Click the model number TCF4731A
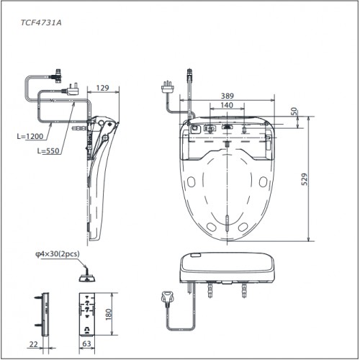coord(41,22)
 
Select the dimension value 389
coord(227,96)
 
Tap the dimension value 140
coord(227,105)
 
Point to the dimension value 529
coord(305,179)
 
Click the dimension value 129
coord(103,88)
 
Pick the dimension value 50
coord(295,112)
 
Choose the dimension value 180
coord(109,314)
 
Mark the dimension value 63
coord(86,343)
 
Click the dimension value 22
coord(33,344)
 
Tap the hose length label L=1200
coord(30,136)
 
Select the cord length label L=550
coord(48,150)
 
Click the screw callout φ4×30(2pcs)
coord(58,253)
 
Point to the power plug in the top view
coord(166,87)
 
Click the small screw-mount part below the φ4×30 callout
coord(87,276)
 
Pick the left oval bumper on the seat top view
coord(192,182)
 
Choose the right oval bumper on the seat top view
coord(263,182)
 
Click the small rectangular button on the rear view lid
coord(195,255)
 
